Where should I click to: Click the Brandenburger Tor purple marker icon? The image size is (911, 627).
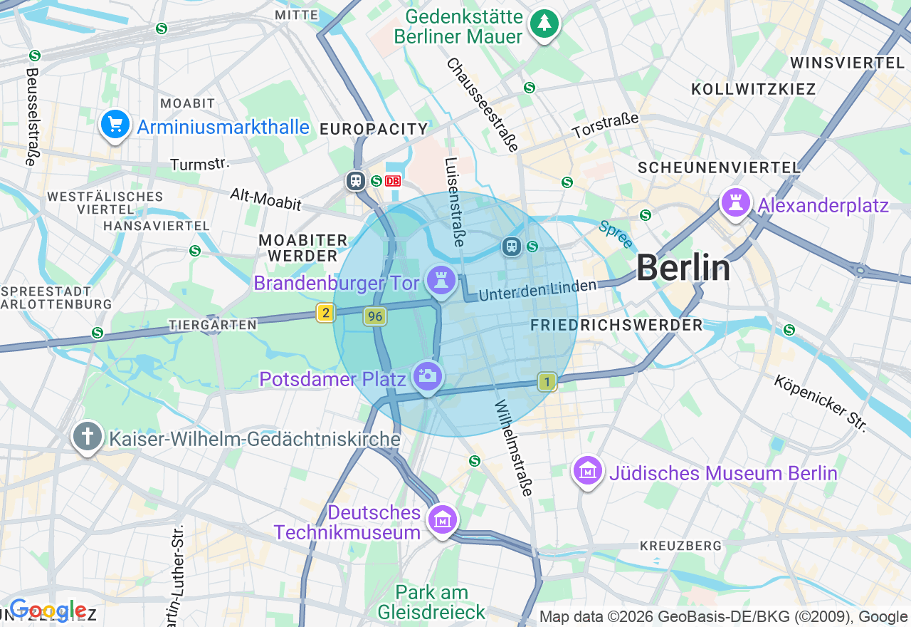(x=441, y=280)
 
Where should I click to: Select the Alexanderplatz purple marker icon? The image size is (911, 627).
(x=736, y=203)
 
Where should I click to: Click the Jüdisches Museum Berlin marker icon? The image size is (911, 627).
(x=588, y=471)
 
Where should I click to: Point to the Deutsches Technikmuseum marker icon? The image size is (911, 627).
(x=442, y=520)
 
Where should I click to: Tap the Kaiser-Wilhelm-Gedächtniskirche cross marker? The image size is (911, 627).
(x=88, y=436)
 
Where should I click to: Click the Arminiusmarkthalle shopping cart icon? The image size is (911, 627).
(x=115, y=125)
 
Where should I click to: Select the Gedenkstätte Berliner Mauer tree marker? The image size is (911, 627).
(x=544, y=24)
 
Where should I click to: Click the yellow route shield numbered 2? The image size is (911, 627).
(x=326, y=313)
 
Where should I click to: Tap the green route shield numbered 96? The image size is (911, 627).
(x=374, y=316)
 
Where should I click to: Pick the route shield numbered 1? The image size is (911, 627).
(x=547, y=382)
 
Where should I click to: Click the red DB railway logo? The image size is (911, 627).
(x=393, y=181)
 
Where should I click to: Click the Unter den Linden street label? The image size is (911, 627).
(x=537, y=290)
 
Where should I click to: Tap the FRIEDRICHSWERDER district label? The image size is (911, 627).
(x=616, y=325)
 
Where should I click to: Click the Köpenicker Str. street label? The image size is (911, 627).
(x=821, y=403)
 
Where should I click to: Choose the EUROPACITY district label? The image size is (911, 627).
(x=374, y=129)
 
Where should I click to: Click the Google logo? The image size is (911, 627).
(x=47, y=611)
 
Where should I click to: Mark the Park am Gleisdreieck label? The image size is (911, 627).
(x=431, y=602)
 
